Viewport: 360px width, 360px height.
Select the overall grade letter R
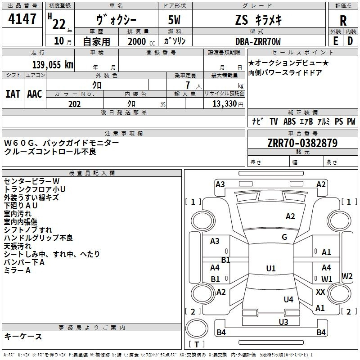click(343, 20)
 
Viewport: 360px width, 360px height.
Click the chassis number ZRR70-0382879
click(302, 143)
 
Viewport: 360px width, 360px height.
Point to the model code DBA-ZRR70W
click(258, 41)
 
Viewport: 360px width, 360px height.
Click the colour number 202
click(75, 104)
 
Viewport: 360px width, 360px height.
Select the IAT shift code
click(13, 94)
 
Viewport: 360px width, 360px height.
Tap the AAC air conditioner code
click(35, 94)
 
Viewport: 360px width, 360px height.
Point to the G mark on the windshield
click(284, 237)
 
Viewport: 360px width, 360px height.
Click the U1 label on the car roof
click(270, 269)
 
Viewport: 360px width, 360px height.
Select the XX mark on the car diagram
click(320, 292)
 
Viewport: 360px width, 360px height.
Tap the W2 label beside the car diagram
click(347, 276)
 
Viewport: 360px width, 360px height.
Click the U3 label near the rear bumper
click(283, 322)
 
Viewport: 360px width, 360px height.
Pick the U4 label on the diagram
click(288, 299)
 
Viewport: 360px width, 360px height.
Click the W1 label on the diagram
click(327, 279)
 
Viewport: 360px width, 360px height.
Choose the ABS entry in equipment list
click(289, 121)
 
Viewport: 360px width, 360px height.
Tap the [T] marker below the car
click(197, 345)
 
